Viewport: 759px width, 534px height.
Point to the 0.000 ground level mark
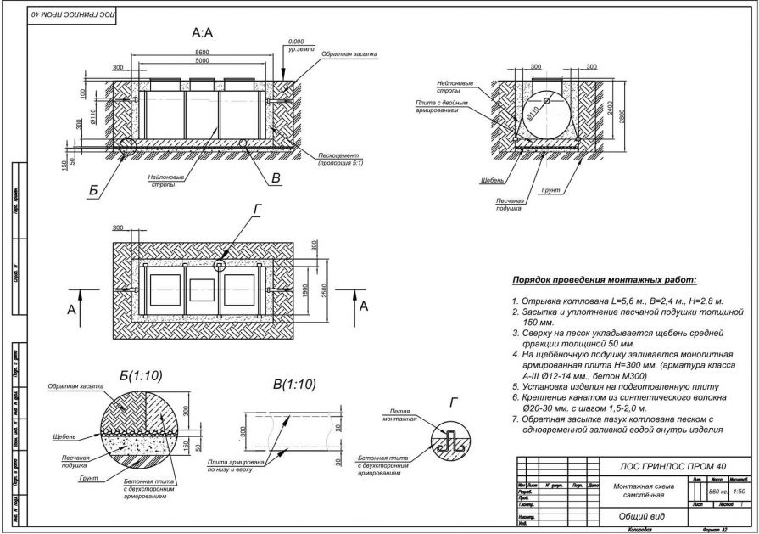tap(296, 42)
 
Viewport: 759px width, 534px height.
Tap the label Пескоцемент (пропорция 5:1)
tap(342, 160)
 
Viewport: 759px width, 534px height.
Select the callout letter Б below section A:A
tap(93, 190)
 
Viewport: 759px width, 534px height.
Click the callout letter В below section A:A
tap(276, 177)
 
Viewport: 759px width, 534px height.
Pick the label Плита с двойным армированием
tap(444, 106)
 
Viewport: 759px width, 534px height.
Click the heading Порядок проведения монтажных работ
tap(603, 280)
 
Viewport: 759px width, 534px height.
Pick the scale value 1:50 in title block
tap(739, 491)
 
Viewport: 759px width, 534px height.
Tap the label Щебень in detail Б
tap(63, 436)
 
